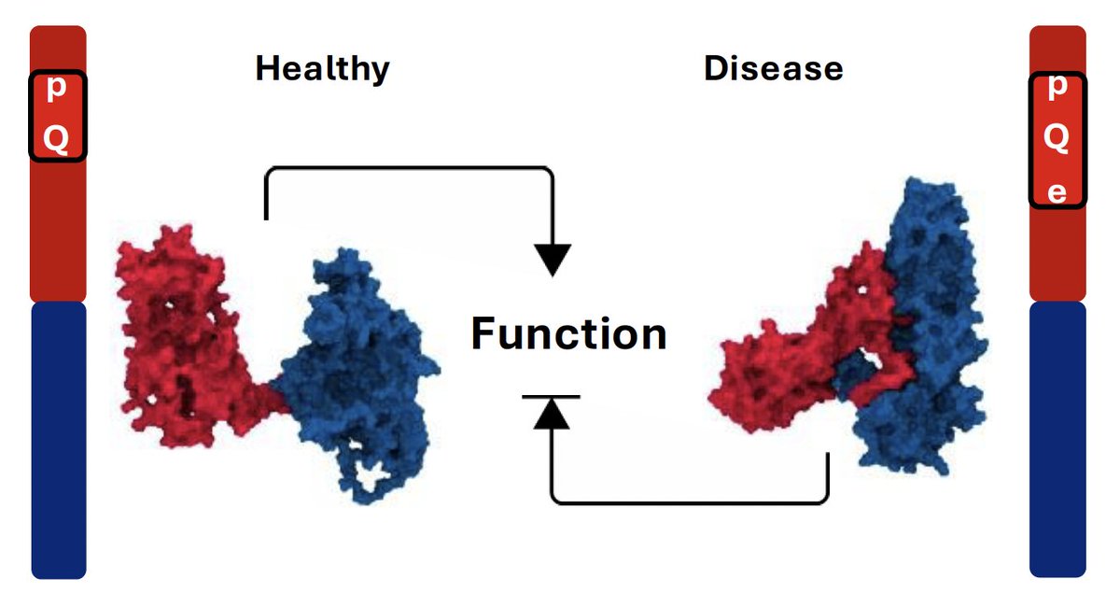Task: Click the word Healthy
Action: (323, 69)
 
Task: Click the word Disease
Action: (774, 68)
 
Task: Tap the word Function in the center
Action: (569, 333)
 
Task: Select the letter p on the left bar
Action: (57, 89)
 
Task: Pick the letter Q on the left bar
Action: (56, 139)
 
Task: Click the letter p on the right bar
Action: (1057, 87)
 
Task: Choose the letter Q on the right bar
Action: (1057, 137)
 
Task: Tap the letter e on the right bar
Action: (1057, 192)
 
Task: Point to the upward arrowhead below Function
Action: (552, 414)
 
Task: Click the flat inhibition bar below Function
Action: (551, 397)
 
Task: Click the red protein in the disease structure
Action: (810, 350)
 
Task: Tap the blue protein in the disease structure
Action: (925, 325)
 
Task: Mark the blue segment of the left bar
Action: (59, 440)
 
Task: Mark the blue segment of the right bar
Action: (1057, 439)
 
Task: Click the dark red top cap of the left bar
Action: (58, 48)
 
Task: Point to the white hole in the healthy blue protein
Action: (371, 475)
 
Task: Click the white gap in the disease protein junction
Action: (873, 361)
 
